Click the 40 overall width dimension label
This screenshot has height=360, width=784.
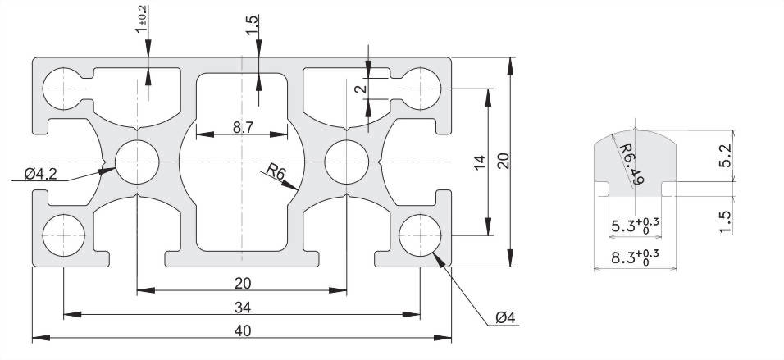[x=243, y=330]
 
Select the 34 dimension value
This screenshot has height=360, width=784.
[x=243, y=307]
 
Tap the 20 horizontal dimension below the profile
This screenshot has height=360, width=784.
[x=243, y=283]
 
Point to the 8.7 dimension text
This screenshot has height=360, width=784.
[x=243, y=127]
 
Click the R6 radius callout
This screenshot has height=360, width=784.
[x=276, y=171]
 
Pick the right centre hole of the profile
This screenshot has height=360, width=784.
[x=347, y=162]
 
